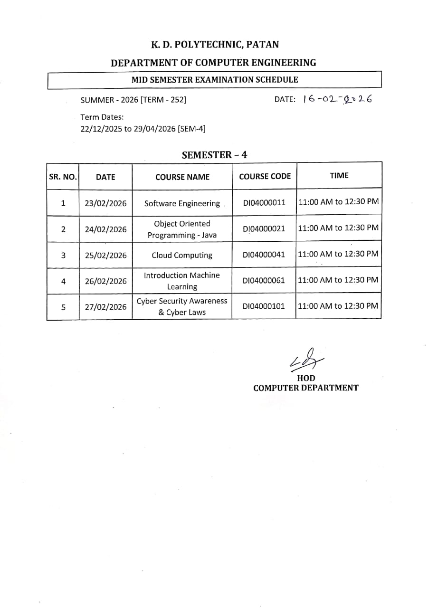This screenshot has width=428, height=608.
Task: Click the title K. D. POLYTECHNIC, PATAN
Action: [x=215, y=45]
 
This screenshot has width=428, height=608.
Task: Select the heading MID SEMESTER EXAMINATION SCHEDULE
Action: [x=215, y=80]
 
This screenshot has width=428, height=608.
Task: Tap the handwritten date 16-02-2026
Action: [x=337, y=99]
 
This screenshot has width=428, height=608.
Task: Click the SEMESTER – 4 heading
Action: [x=215, y=155]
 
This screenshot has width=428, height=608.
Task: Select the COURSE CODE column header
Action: [x=265, y=176]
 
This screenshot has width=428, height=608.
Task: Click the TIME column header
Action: [x=339, y=176]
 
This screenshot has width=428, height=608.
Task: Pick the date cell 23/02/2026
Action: [x=105, y=203]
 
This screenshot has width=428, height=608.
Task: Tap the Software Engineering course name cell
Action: [x=182, y=203]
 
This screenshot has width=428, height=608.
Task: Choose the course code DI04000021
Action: [x=264, y=229]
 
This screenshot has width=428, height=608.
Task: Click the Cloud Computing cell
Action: [x=182, y=255]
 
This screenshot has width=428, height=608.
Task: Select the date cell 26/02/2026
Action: [x=105, y=281]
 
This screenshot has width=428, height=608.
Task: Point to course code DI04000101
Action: [x=264, y=306]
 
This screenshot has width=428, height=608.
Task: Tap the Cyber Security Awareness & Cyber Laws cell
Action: [x=182, y=307]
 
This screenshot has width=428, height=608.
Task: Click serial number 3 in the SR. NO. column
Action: [x=63, y=255]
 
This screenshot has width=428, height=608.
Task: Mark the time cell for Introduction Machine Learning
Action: [x=338, y=280]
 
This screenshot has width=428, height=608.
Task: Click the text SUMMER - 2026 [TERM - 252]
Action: [x=133, y=100]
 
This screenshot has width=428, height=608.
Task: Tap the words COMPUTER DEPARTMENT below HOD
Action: [x=306, y=388]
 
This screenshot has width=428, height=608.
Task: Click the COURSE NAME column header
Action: [x=182, y=177]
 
